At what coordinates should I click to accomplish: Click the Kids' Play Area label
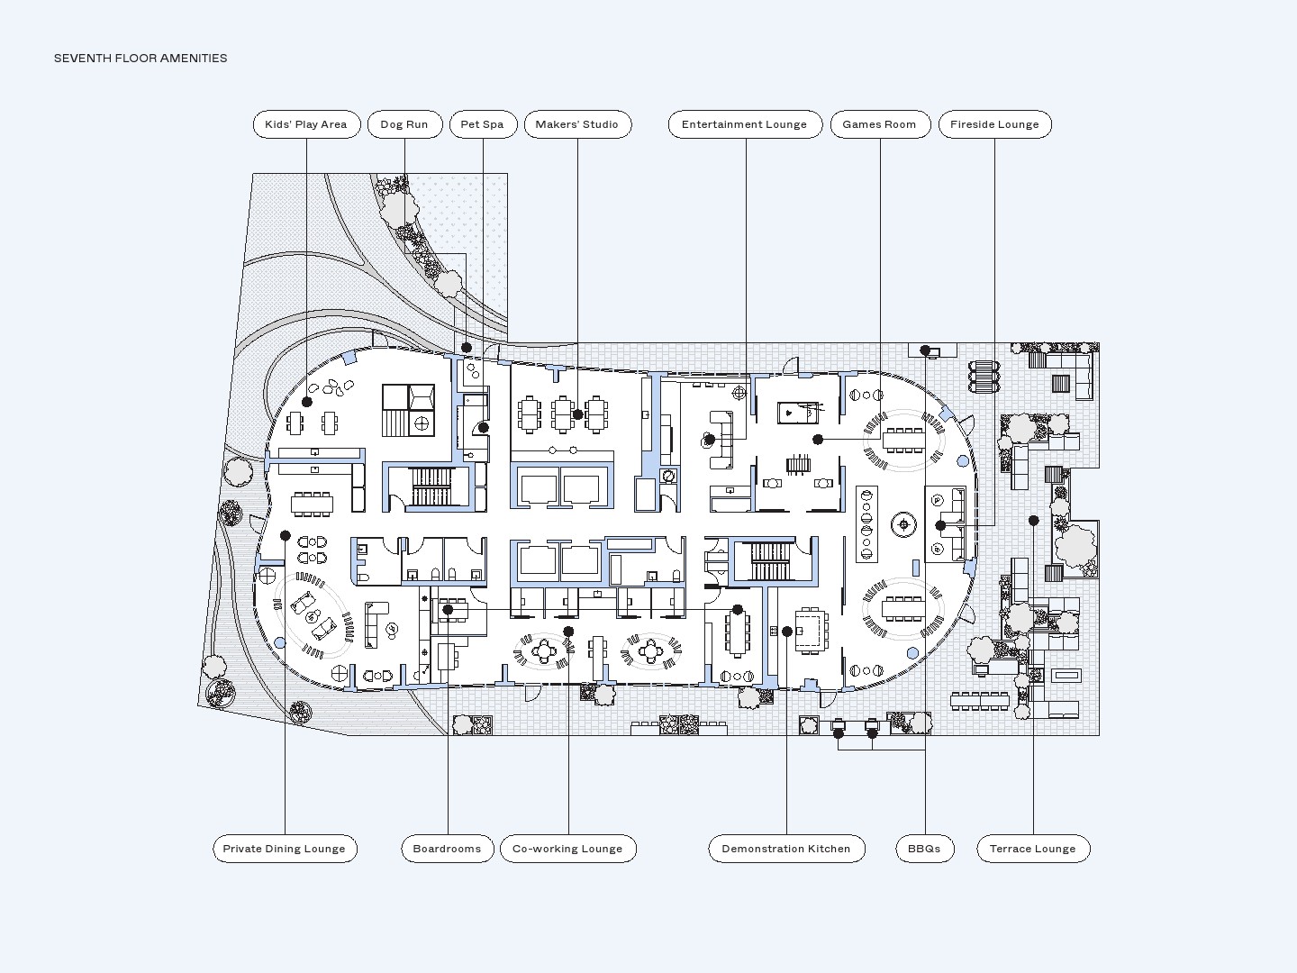coord(306,124)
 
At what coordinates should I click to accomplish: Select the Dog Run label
coord(404,124)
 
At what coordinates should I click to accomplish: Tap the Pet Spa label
coord(483,124)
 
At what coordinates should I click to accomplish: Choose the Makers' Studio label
coord(577,124)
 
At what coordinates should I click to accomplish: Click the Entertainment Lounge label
coord(745,124)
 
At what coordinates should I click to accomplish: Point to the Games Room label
coord(880,124)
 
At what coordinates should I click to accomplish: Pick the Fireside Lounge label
coord(994,124)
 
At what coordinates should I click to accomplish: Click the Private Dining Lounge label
coord(285,849)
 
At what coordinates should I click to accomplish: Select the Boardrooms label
coord(448,849)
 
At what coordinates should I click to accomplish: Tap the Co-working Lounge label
coord(567,849)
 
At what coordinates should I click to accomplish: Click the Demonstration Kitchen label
coord(786,849)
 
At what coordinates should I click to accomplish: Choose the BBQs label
coord(924,849)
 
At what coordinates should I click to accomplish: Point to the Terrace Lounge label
coord(1033,849)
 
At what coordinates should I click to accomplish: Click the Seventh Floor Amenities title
coord(141,59)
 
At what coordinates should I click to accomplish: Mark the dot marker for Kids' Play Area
coord(307,402)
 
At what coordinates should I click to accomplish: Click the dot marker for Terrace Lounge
coord(1034,521)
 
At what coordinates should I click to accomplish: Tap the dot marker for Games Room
coord(818,440)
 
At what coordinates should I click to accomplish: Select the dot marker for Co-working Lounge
coord(568,632)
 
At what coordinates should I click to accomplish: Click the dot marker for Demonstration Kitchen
coord(787,632)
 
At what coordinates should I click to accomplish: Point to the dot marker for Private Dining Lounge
coord(286,536)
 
